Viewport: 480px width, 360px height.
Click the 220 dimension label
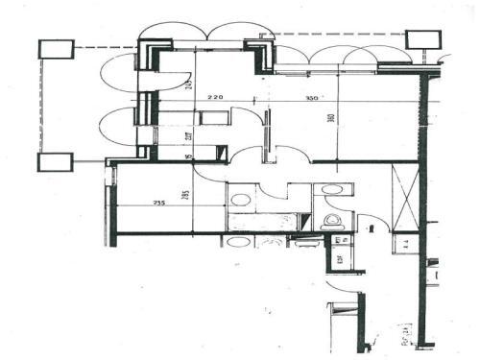click(214, 97)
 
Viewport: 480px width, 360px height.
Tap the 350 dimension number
click(311, 98)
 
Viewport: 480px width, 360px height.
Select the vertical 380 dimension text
click(329, 121)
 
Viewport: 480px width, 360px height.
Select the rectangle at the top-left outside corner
click(56, 49)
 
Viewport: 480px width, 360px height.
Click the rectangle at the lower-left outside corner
click(55, 161)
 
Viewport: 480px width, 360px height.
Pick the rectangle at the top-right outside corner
click(421, 39)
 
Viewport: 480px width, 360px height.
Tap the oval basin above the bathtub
click(240, 200)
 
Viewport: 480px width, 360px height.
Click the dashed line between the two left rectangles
click(40, 106)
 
